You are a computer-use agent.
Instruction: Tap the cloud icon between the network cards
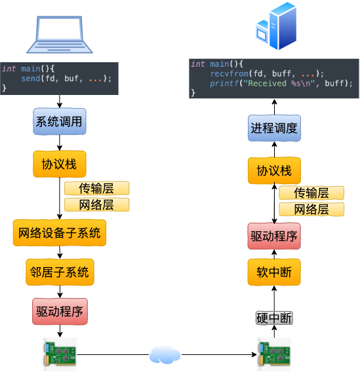pyautogui.click(x=165, y=354)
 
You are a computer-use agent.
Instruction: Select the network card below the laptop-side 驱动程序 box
pyautogui.click(x=59, y=354)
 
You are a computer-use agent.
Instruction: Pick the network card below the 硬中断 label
pyautogui.click(x=273, y=354)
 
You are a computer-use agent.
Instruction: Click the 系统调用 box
pyautogui.click(x=60, y=122)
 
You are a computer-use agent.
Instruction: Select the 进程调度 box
pyautogui.click(x=274, y=128)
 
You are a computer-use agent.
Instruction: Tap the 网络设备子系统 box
pyautogui.click(x=60, y=232)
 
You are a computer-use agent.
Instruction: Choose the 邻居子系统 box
pyautogui.click(x=60, y=272)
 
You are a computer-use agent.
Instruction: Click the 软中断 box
pyautogui.click(x=274, y=272)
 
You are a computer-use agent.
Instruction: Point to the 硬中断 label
pyautogui.click(x=273, y=318)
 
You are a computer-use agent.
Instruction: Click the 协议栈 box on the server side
pyautogui.click(x=274, y=171)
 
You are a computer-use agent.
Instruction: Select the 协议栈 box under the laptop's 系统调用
pyautogui.click(x=60, y=164)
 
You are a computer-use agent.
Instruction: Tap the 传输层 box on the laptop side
pyautogui.click(x=96, y=189)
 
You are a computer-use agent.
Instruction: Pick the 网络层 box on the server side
pyautogui.click(x=311, y=210)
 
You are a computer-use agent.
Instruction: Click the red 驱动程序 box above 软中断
pyautogui.click(x=274, y=236)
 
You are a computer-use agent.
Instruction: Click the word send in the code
pyautogui.click(x=30, y=79)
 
